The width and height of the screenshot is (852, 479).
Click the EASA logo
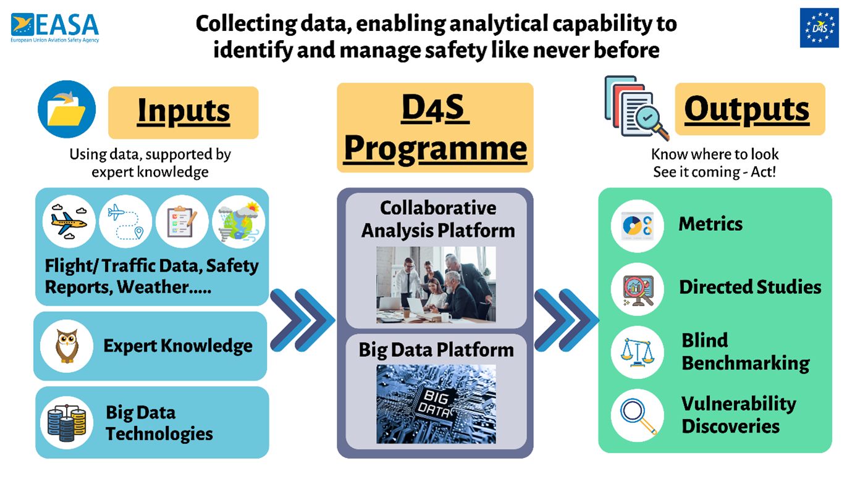tap(55, 28)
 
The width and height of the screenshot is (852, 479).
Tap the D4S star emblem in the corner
tap(819, 28)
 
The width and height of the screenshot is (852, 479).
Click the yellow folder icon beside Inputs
tap(67, 109)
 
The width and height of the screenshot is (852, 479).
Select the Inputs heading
tap(183, 111)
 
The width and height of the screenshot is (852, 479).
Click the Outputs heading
tap(746, 109)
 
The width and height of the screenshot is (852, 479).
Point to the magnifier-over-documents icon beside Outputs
tap(637, 108)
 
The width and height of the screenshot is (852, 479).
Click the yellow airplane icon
tap(69, 222)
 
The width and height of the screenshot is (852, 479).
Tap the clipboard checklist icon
tap(182, 222)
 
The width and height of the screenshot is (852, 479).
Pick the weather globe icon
tap(239, 222)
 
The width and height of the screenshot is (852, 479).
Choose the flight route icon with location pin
tap(125, 222)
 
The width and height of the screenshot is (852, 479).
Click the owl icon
tap(67, 346)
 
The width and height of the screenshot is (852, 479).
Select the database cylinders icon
tap(67, 423)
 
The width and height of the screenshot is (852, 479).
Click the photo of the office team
tap(436, 285)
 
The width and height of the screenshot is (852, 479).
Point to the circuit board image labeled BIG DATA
tap(436, 404)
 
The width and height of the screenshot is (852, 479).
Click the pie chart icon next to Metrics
tap(638, 226)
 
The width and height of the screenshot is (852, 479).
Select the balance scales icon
tap(638, 352)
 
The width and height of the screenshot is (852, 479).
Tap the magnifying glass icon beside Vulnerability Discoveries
tap(638, 415)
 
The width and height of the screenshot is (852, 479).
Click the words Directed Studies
tap(750, 287)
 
